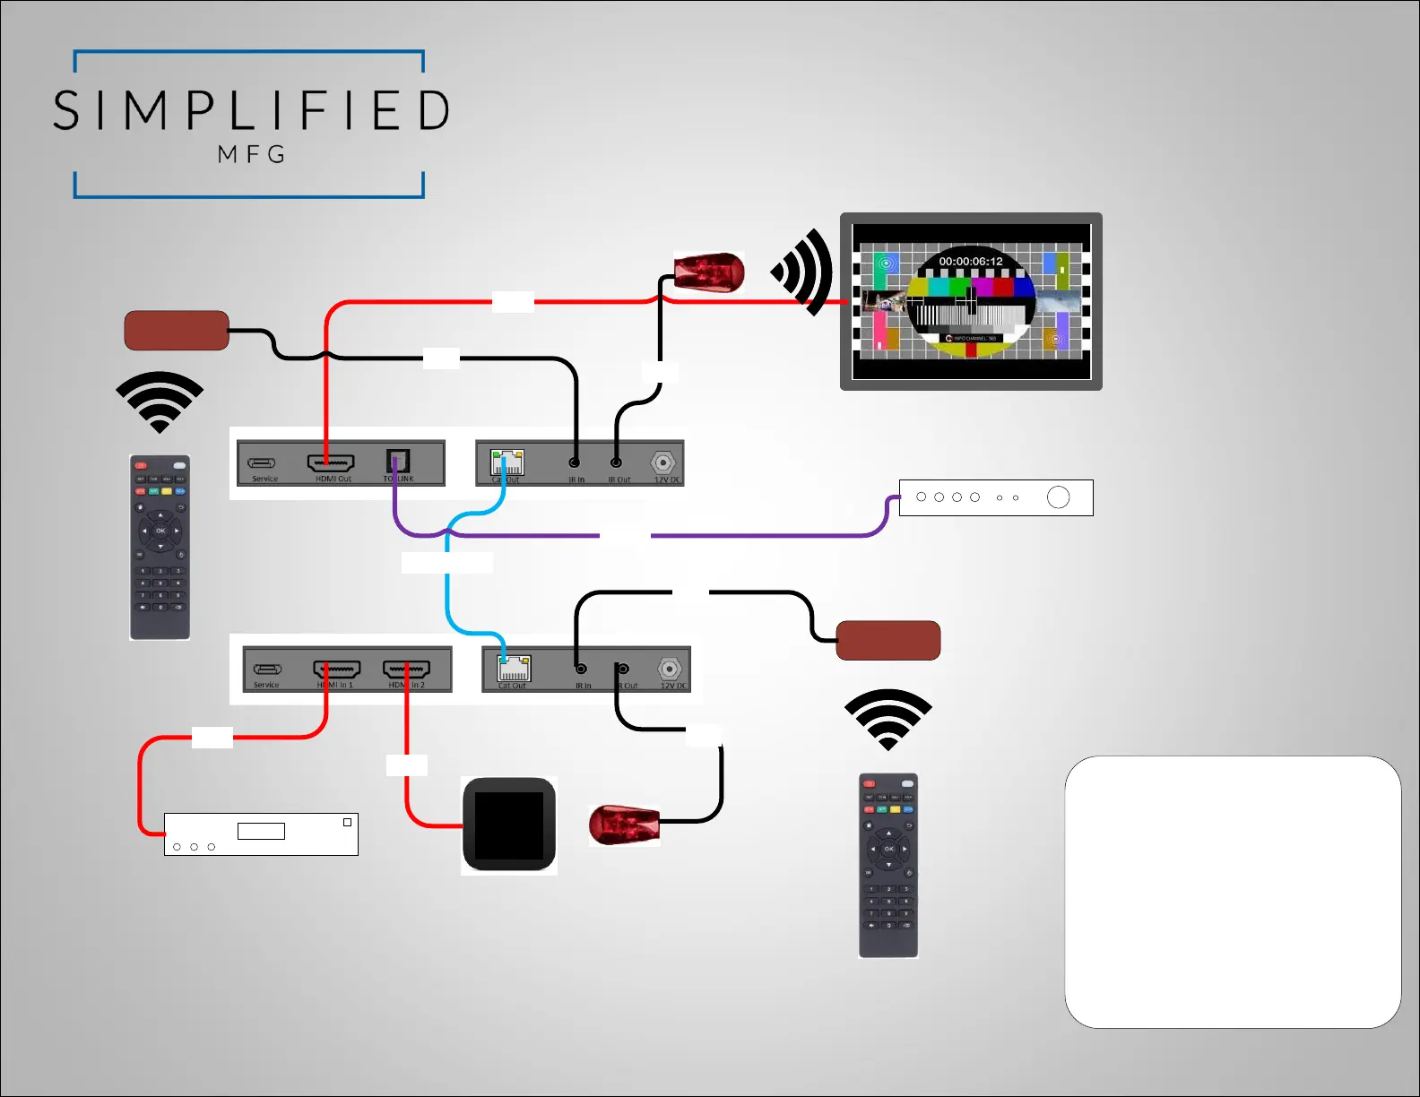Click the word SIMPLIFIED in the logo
click(x=251, y=110)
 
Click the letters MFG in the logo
click(x=252, y=154)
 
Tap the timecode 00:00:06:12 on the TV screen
click(x=970, y=262)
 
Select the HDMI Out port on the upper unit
click(x=331, y=462)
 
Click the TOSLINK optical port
click(x=398, y=461)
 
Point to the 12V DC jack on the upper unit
click(x=663, y=462)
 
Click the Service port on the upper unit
click(x=262, y=463)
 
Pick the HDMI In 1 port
click(x=336, y=669)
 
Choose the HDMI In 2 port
click(x=406, y=669)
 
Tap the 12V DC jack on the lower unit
click(x=670, y=669)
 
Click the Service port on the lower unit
click(x=267, y=669)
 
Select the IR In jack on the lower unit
click(x=581, y=669)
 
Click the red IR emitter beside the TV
click(x=709, y=272)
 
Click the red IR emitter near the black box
click(x=624, y=825)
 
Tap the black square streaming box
click(x=509, y=825)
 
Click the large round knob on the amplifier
click(x=1058, y=497)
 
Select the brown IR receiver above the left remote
click(x=177, y=331)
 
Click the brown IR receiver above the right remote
click(x=887, y=640)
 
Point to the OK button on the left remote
click(x=160, y=531)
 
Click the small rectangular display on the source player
click(x=261, y=831)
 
